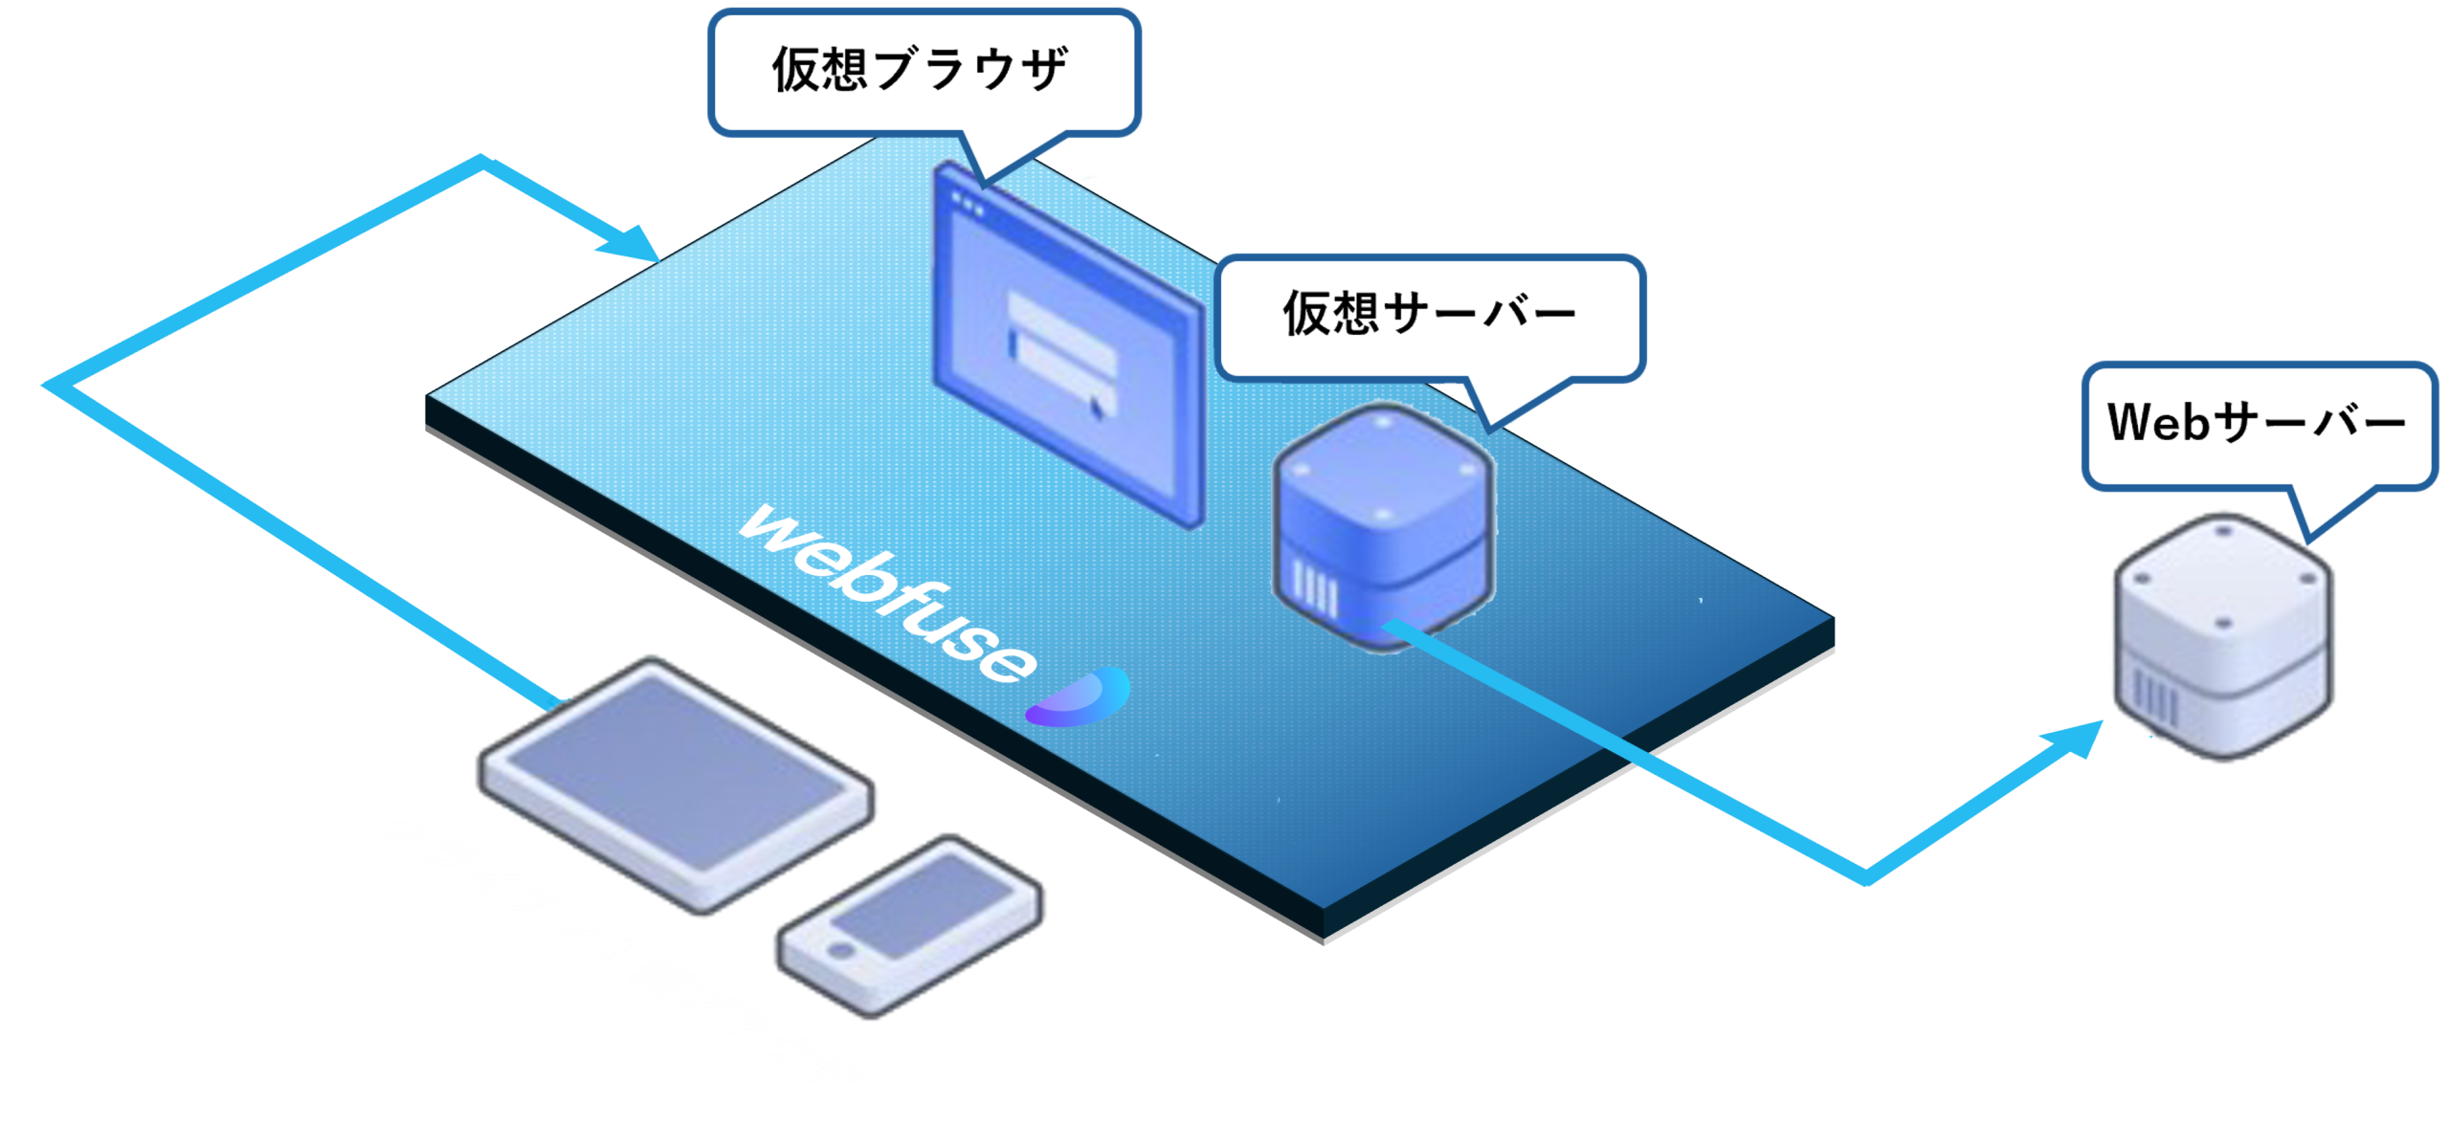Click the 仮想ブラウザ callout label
click(921, 70)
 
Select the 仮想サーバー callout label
click(1429, 314)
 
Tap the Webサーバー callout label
click(2257, 423)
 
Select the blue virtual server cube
click(1383, 526)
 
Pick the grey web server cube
click(2223, 636)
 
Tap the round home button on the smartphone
click(841, 951)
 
